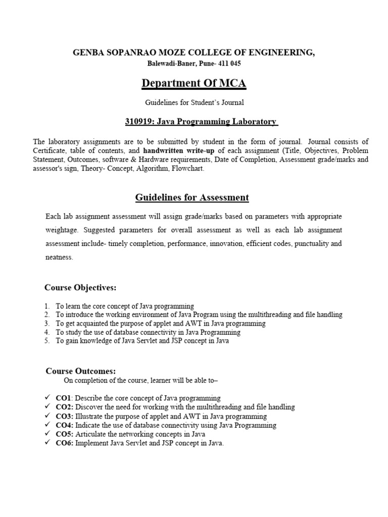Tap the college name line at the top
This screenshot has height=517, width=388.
pyautogui.click(x=194, y=53)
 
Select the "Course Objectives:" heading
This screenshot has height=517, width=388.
pyautogui.click(x=80, y=288)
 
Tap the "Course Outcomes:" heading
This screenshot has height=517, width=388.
pyautogui.click(x=81, y=371)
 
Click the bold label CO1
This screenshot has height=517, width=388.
pyautogui.click(x=64, y=398)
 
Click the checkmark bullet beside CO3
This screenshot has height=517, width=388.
pyautogui.click(x=48, y=416)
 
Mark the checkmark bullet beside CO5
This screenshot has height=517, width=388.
pyautogui.click(x=48, y=434)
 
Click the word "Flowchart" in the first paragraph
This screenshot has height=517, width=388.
pyautogui.click(x=188, y=169)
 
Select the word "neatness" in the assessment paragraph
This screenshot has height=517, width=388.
pyautogui.click(x=59, y=257)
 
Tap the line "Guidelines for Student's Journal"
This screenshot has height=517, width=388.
pyautogui.click(x=195, y=102)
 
